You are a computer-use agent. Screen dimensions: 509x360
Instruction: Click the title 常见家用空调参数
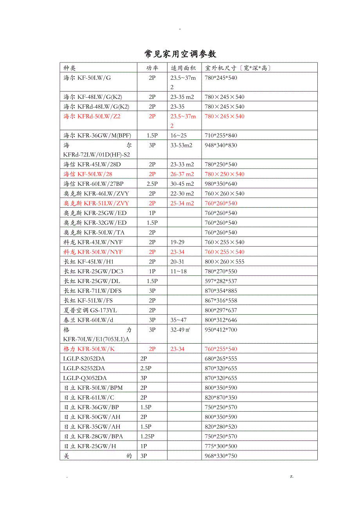coord(180,54)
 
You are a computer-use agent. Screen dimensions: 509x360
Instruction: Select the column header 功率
coord(152,68)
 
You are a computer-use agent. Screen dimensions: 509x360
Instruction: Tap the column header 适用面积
coord(183,68)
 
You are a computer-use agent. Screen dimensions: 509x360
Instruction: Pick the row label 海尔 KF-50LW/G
coord(87,78)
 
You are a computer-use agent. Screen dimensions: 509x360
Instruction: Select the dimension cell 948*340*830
coord(221,145)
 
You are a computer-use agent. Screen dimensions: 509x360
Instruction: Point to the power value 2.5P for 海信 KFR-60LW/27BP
coord(152,184)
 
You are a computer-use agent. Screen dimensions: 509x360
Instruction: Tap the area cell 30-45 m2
coord(182,184)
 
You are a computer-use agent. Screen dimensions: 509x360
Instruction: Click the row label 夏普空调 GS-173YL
coord(90,310)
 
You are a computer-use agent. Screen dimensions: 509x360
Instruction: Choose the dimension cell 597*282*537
coord(221,281)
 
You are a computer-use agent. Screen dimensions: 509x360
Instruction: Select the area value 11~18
coord(178,271)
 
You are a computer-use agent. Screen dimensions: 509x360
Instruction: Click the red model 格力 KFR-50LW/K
coord(89,349)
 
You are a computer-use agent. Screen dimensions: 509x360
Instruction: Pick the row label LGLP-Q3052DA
coord(85,378)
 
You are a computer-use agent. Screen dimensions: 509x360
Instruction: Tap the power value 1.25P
coord(148,436)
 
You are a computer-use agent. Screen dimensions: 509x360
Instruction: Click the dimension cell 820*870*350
coord(221,398)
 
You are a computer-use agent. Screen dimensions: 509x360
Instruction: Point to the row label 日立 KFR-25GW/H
coord(90,446)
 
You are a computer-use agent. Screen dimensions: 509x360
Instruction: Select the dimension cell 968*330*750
coord(221,456)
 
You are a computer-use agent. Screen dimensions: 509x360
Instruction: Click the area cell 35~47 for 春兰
coord(178,320)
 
